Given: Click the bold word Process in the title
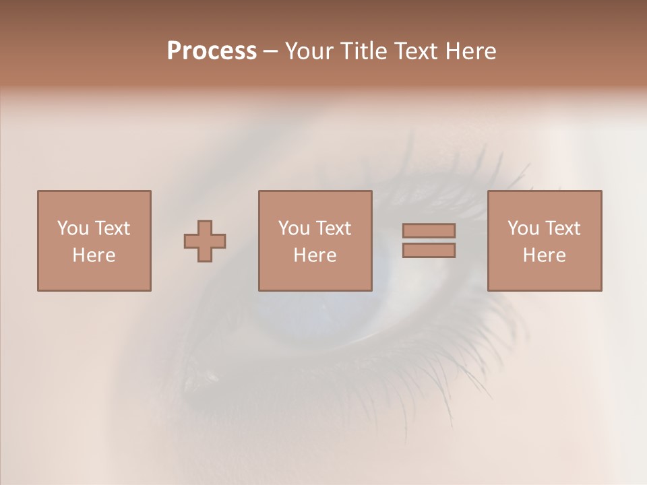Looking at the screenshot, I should point(212,51).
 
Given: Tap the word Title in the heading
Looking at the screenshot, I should point(362,51).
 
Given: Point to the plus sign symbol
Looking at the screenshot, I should point(205,241).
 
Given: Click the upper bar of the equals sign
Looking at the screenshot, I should point(429,230).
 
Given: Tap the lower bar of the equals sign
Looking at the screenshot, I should point(429,251).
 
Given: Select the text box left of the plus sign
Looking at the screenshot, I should point(94,240).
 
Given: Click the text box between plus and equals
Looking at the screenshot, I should point(315,240).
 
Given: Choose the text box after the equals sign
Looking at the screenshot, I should point(545,240).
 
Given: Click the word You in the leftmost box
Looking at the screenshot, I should point(73,228).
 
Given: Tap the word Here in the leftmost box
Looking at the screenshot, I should point(94,255).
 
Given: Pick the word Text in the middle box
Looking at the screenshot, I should point(334,228).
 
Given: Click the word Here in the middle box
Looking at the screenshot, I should point(315,255).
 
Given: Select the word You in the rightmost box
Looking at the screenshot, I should point(523,228).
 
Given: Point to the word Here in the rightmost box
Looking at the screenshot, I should point(545,255).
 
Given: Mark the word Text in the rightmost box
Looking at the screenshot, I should point(563,228).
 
